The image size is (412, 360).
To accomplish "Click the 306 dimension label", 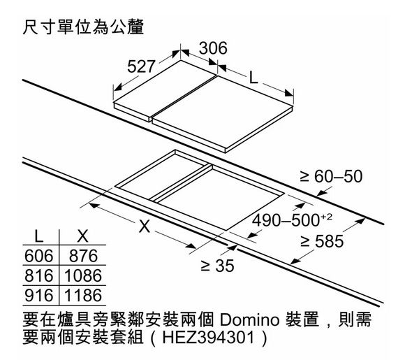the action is (213, 48).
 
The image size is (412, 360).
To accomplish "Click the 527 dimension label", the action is (141, 66).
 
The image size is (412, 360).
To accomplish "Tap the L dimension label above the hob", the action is (253, 78).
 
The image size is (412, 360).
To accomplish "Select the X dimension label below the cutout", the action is (145, 226).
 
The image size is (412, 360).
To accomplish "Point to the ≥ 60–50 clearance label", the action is (331, 176).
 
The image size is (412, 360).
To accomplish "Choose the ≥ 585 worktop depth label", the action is (322, 241).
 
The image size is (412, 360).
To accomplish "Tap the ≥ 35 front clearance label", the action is (217, 266).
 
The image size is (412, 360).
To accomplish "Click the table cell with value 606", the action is (39, 256).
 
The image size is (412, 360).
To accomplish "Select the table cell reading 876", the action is (83, 256).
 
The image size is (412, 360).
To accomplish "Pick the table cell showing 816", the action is (39, 275).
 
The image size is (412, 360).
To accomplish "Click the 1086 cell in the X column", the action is (83, 275).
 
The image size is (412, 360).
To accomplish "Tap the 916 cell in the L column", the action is (39, 295).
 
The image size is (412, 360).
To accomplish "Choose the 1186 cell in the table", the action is (83, 295).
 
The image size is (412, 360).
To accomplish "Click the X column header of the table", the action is (83, 236).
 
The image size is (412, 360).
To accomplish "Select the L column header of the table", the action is (39, 236).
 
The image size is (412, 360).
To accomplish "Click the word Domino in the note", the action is (249, 319).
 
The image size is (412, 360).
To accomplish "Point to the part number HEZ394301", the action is (209, 338).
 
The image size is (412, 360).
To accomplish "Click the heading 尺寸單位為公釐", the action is (83, 27).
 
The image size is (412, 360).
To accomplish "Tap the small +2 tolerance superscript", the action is (327, 217).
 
